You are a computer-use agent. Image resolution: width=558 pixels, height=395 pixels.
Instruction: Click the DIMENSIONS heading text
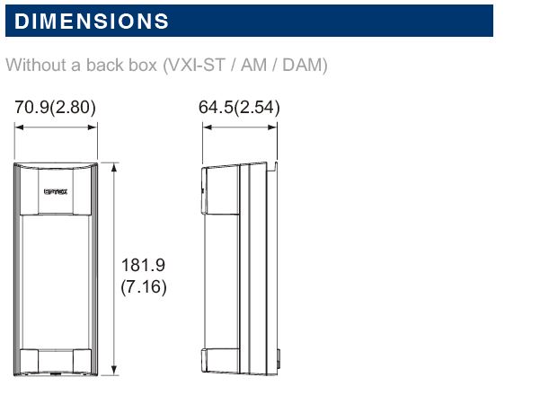[92, 21]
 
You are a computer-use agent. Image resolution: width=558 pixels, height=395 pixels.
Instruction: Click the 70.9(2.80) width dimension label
[55, 107]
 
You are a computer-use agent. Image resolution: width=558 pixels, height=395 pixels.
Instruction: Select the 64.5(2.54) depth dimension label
[239, 107]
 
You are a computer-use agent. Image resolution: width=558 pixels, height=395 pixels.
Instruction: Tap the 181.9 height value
[143, 265]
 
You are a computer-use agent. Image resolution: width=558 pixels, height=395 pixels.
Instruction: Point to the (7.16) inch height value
[144, 287]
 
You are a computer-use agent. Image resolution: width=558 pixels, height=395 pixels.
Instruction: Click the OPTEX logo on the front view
[56, 191]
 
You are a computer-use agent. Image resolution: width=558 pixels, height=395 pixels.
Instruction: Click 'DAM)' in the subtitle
[305, 65]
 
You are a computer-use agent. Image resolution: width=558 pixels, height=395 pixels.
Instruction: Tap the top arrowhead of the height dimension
[114, 167]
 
